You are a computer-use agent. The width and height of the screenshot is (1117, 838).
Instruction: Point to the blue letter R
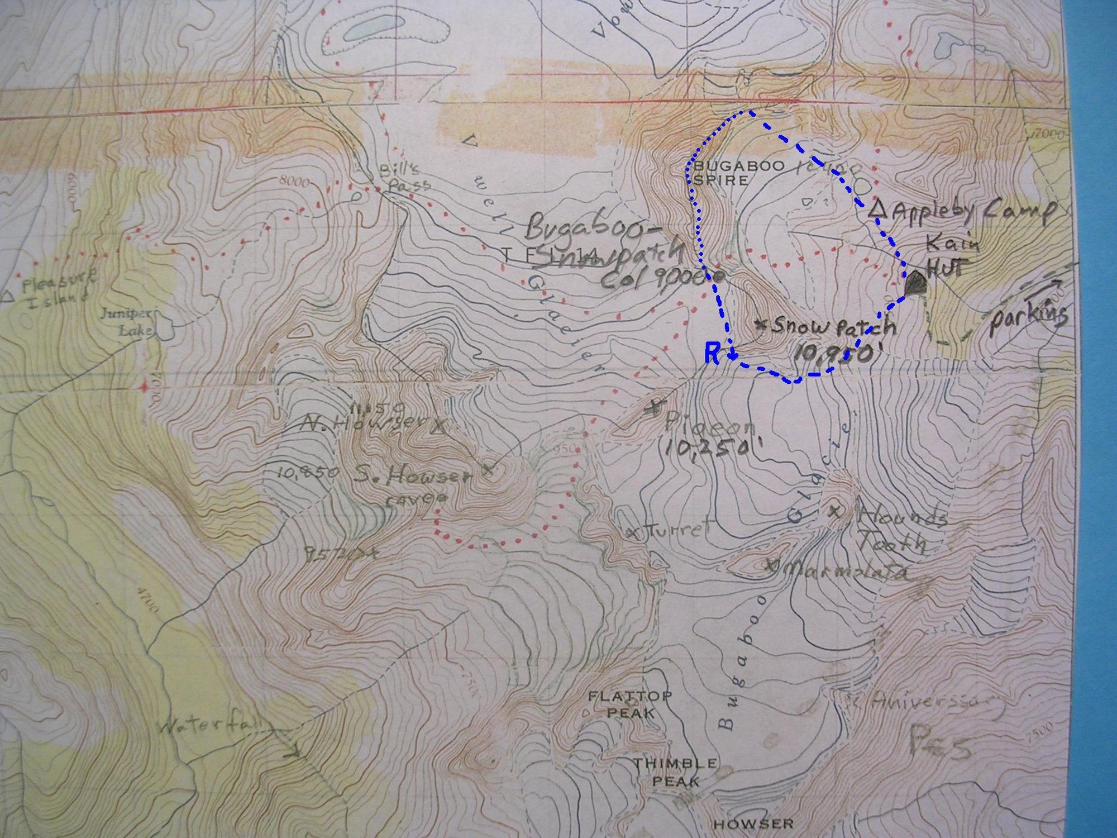click(x=712, y=354)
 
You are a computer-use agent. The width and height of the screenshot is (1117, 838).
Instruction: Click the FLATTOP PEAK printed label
click(x=629, y=704)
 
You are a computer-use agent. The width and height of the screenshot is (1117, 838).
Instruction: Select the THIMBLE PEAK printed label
click(x=674, y=772)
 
